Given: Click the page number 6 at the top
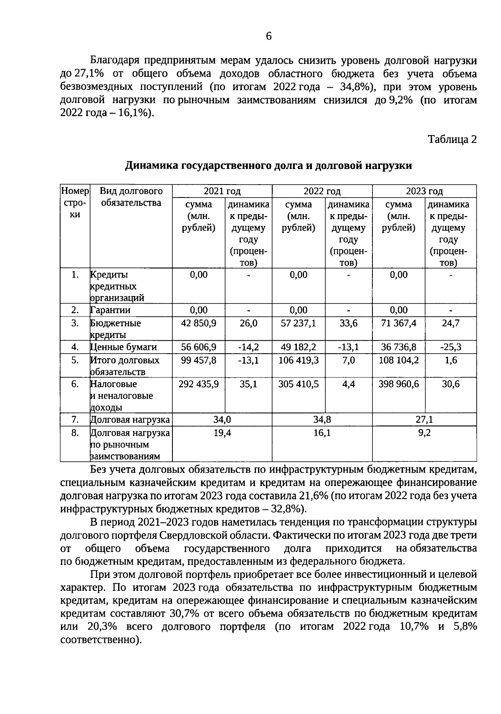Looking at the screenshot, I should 268,37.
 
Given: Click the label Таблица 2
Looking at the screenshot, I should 452,139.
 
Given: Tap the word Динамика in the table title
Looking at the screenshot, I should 152,166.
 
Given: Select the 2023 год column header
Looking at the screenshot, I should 424,191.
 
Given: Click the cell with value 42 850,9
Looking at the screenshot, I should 199,323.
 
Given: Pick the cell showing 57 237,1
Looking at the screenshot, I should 299,323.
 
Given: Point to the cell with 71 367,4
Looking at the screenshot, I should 398,323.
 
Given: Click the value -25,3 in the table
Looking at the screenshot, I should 450,347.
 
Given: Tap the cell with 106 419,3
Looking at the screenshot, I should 299,360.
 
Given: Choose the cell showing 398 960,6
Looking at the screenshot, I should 398,384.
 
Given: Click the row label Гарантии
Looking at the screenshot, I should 110,310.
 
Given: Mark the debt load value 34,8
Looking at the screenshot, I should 322,420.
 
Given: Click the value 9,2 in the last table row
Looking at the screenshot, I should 424,433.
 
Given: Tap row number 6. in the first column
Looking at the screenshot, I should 75,384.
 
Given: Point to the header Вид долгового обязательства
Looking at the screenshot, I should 131,197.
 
